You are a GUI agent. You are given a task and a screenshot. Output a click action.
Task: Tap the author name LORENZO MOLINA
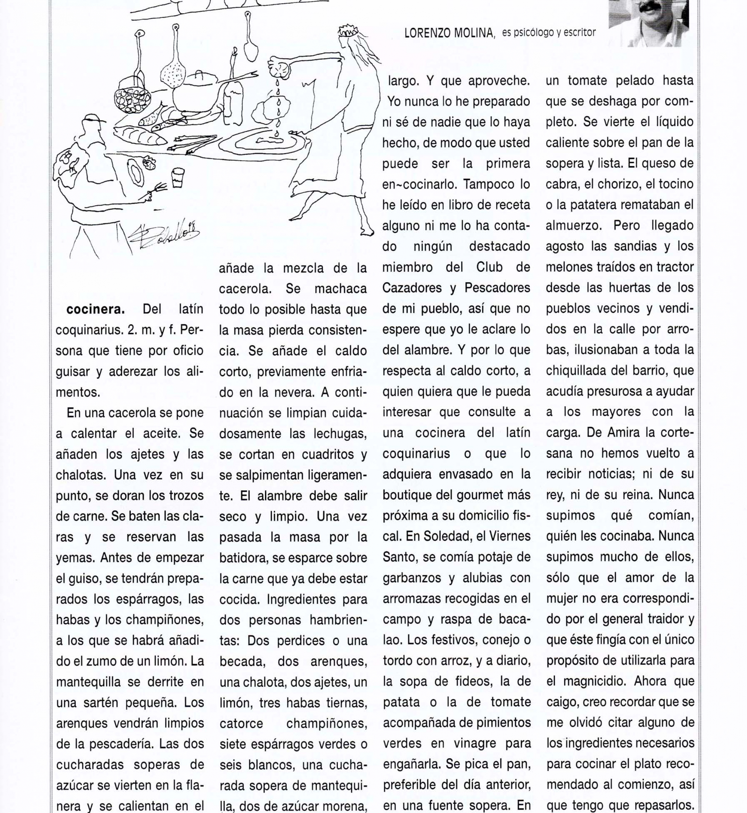[x=450, y=33]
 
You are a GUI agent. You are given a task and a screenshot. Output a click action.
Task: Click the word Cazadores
[x=416, y=288]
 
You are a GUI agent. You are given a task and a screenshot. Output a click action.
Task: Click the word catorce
[x=241, y=723]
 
